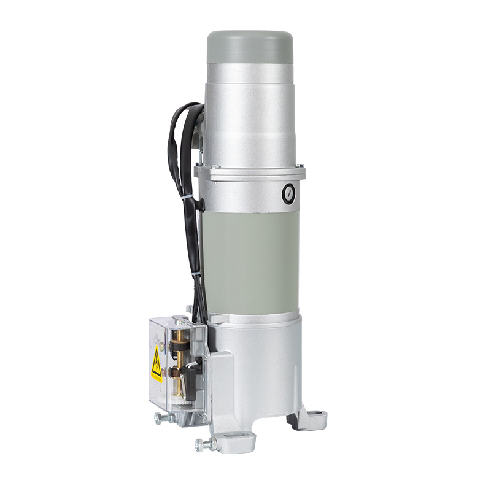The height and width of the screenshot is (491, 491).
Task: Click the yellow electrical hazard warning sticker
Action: coord(157,363)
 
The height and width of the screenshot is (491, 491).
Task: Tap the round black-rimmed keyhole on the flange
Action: coord(287,194)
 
